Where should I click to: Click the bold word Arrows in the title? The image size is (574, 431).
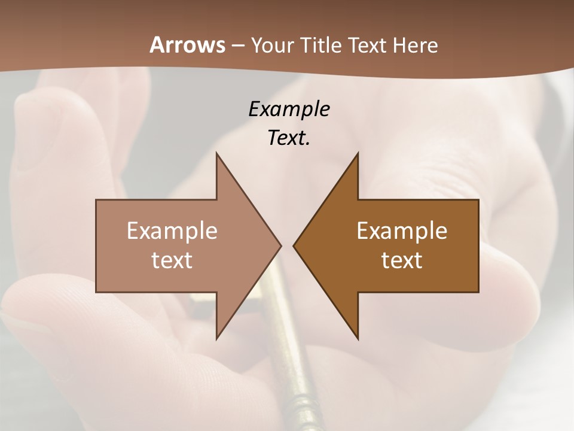click(188, 45)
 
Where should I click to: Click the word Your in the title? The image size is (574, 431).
click(271, 45)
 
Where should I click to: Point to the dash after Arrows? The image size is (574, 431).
click(238, 45)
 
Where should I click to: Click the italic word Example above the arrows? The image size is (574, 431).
click(289, 109)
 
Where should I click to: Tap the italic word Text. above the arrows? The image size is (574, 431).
click(289, 138)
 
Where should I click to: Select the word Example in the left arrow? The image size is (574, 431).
click(172, 231)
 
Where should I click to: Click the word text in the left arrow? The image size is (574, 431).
click(172, 260)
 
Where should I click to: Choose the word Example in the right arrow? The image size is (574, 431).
click(402, 231)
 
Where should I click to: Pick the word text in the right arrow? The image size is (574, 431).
click(402, 260)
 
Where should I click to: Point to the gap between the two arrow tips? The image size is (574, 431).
click(287, 245)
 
